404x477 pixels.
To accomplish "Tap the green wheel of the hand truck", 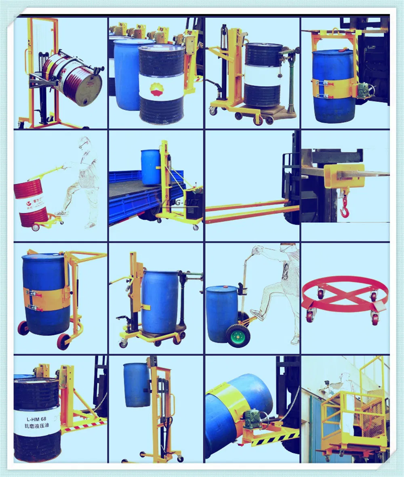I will click(x=238, y=335).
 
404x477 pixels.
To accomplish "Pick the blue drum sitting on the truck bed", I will click(x=151, y=167).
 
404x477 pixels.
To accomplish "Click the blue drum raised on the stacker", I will click(x=137, y=384).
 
